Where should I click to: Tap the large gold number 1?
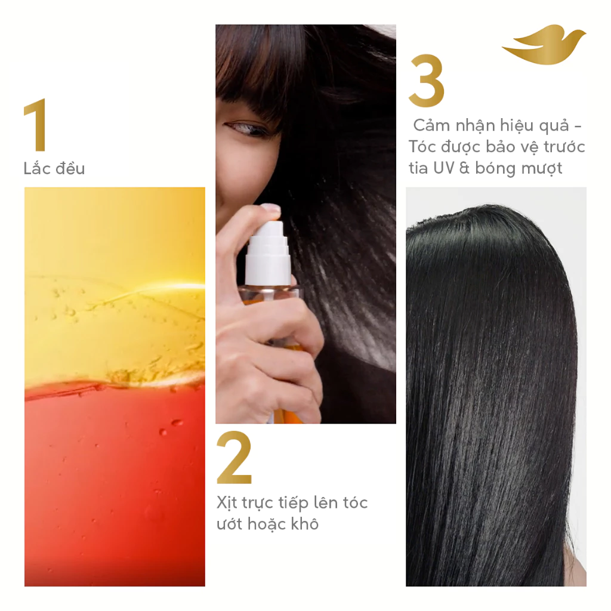click(36, 125)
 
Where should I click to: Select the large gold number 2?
click(234, 458)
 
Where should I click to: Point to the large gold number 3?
click(426, 81)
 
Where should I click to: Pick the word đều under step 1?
click(70, 168)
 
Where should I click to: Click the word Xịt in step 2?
click(227, 502)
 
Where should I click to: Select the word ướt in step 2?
click(230, 524)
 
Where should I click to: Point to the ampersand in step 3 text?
click(464, 168)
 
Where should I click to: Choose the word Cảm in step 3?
click(430, 125)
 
